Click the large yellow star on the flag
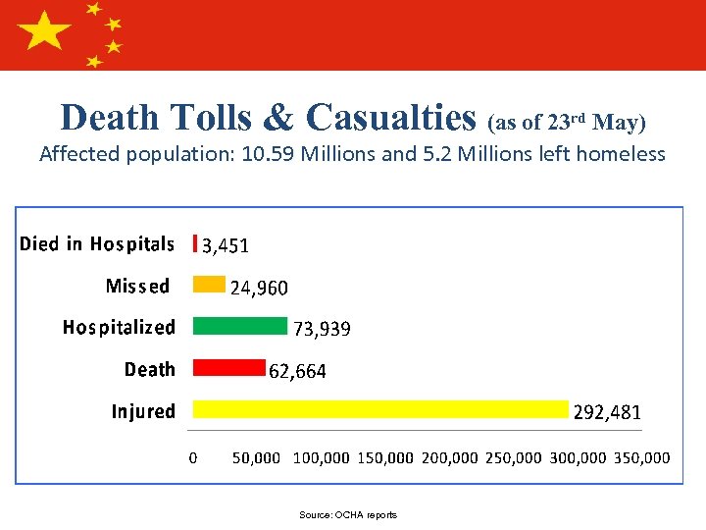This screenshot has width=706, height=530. pos(45,32)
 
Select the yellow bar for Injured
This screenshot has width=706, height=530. pos(381,409)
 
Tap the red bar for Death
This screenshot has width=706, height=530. pos(229,368)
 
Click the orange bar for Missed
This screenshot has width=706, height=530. pos(209,285)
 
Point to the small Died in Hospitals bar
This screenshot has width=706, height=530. pos(196,242)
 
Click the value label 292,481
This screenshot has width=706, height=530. pos(607,413)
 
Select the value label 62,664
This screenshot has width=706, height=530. pos(297,371)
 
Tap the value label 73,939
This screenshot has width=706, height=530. pos(322,330)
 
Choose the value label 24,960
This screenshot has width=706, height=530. pos(259,288)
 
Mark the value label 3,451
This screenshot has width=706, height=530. pos(226,245)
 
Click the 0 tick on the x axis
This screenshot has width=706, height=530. pos(192,457)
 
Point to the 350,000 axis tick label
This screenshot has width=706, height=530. pos(642,457)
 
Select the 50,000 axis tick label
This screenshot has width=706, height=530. pos(256,457)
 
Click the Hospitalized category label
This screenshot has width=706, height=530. pos(119,327)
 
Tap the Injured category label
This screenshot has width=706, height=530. pos(143,411)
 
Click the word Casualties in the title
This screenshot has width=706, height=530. pos(390,118)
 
